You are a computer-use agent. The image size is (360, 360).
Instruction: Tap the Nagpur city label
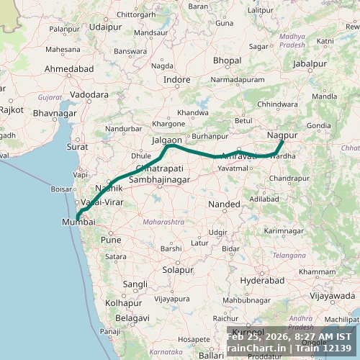point(282,135)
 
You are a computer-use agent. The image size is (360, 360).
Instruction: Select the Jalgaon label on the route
point(167,141)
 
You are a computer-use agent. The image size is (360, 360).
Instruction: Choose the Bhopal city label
point(227,60)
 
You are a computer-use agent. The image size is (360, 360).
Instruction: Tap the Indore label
point(177,79)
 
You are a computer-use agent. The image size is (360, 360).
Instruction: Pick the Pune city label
point(111,240)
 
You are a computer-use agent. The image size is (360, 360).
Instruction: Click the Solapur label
point(178,270)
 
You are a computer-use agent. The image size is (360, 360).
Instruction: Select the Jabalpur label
point(310,63)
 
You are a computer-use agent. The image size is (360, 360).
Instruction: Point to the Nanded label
point(224,204)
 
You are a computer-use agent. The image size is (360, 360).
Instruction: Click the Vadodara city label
point(89,94)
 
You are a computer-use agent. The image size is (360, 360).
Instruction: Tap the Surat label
point(77,146)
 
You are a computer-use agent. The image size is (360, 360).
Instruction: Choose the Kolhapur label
point(123,302)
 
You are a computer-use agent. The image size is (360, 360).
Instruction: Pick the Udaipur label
point(106,27)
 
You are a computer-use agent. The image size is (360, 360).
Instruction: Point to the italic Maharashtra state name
point(163,222)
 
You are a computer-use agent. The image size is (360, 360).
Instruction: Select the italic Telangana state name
point(289,255)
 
